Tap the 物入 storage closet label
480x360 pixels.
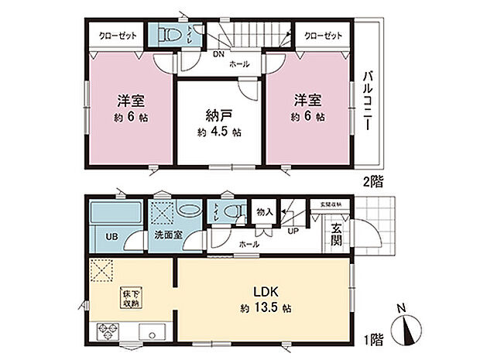(263, 211)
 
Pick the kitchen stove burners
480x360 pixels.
(107, 334)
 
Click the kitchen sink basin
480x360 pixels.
(149, 334)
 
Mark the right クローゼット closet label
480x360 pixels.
(321, 36)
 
